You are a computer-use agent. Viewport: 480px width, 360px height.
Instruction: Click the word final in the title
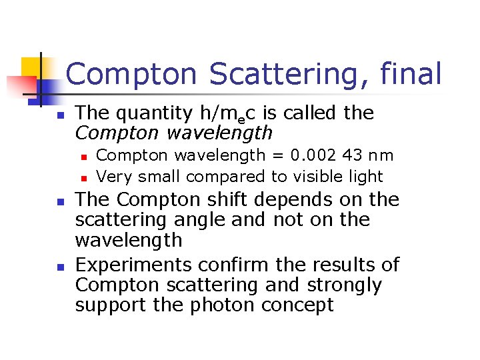point(410,74)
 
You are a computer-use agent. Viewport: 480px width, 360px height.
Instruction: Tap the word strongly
point(345,285)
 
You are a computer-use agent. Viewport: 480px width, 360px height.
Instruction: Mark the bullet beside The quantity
point(59,115)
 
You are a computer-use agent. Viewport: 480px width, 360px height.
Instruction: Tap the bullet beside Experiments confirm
point(59,266)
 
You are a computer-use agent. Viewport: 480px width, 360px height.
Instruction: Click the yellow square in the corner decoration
point(33,67)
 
